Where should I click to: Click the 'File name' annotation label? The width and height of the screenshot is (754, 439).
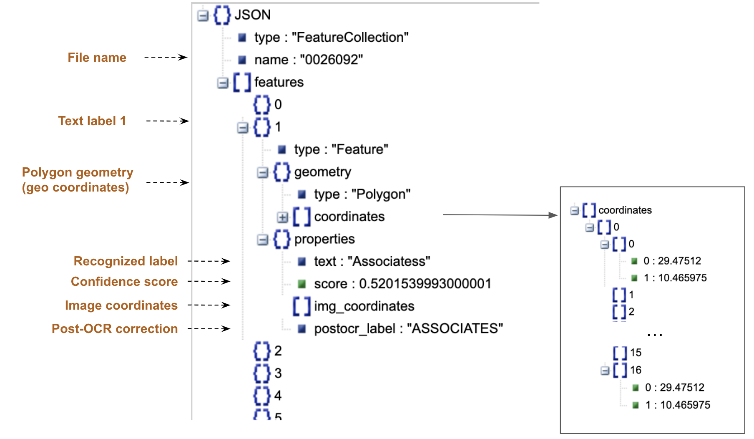pos(97,58)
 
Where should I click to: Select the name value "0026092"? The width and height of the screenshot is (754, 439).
pos(331,60)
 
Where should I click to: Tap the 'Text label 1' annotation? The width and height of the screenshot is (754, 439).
pos(92,121)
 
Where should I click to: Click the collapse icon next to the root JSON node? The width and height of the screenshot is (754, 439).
pos(203,16)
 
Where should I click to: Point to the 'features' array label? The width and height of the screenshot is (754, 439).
pos(279,82)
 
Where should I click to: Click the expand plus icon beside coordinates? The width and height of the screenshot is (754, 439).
pos(282,217)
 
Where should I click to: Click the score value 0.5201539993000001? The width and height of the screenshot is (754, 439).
pos(425,284)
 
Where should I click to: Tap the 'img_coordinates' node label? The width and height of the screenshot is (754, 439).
pos(364,306)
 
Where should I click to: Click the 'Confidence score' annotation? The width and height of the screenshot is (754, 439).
pos(124,282)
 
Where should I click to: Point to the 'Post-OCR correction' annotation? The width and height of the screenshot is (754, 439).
pos(115,329)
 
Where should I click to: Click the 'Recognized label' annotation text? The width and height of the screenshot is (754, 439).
pos(126,261)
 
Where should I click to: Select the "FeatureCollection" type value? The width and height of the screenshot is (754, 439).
pos(350,38)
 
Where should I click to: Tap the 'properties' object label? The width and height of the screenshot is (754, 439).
pos(324,239)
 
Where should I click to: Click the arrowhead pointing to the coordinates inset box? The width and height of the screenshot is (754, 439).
pos(553,215)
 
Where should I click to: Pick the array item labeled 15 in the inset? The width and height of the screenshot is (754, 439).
pos(635,353)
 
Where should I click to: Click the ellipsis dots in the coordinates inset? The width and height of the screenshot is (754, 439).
pos(655,335)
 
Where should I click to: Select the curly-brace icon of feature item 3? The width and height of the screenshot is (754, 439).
pos(262,373)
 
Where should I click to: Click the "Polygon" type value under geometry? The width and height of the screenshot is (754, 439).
pos(381,194)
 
